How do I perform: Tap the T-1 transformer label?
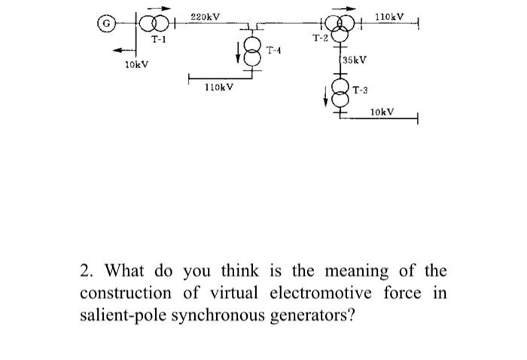click(x=159, y=38)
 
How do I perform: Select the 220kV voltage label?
click(x=205, y=16)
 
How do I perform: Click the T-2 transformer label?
click(x=319, y=37)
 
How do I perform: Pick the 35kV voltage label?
click(x=355, y=59)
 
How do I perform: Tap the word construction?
click(x=123, y=293)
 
